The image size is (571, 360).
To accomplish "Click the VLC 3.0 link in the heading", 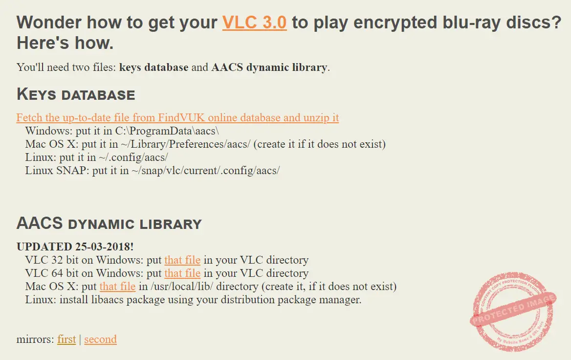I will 254,23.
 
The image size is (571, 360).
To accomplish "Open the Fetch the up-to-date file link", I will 177,118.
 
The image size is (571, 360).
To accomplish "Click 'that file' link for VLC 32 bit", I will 182,260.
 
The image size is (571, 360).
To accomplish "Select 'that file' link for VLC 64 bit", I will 182,273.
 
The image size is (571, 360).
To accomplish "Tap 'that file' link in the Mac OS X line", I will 117,287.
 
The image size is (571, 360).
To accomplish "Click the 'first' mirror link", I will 66,339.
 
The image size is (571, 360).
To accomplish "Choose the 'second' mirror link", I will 100,339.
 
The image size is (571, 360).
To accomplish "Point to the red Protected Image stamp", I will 513,312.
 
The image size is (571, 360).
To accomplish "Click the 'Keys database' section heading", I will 76,94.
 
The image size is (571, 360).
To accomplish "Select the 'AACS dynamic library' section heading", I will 109,224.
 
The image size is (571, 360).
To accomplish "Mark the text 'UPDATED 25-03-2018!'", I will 75,247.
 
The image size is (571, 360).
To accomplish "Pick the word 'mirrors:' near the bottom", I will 35,339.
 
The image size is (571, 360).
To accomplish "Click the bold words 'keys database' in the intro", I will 154,67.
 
